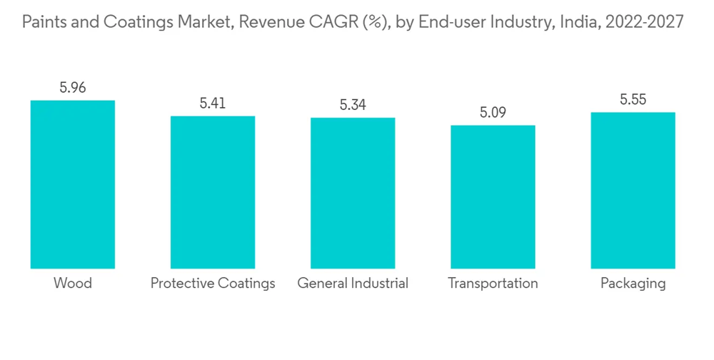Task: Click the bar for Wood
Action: coord(73,184)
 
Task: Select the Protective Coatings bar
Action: coord(213,192)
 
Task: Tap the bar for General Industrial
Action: coord(353,193)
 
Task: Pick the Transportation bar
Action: coord(493,197)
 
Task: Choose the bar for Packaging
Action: coord(633,190)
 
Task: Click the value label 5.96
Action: coord(73,89)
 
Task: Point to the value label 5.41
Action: coord(213,104)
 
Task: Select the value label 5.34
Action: coord(353,106)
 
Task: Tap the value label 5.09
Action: coord(493,113)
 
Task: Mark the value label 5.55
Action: coord(633,100)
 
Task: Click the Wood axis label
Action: coord(73,284)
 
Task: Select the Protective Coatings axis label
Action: coord(213,284)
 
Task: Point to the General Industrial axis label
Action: coord(353,284)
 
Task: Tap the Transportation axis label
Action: coord(493,284)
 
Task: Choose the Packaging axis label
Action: coord(633,284)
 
